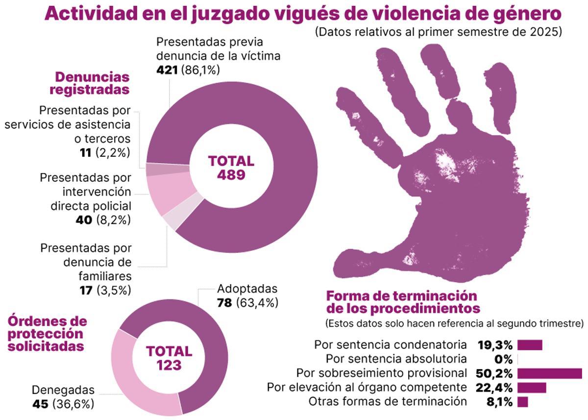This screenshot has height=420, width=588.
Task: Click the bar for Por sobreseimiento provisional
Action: coord(549,373)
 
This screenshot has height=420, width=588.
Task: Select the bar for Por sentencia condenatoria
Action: coord(530,345)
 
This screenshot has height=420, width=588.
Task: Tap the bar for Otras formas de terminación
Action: coord(522,402)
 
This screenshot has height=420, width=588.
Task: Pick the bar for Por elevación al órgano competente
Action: coord(532,388)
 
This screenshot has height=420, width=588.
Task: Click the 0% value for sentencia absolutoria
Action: coord(503,359)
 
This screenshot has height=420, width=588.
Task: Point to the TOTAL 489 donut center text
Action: coord(231,168)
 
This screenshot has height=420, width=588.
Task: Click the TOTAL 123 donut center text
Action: coord(169,358)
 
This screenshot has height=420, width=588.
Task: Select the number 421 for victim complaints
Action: coord(167,70)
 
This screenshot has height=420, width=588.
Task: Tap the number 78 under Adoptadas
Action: coord(225,302)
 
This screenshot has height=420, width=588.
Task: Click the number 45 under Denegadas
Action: coord(41,404)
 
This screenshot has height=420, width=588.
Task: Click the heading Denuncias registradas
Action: coord(92,83)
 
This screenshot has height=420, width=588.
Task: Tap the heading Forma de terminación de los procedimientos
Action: coord(402,302)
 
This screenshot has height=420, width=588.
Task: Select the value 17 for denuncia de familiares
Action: coord(86,290)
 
